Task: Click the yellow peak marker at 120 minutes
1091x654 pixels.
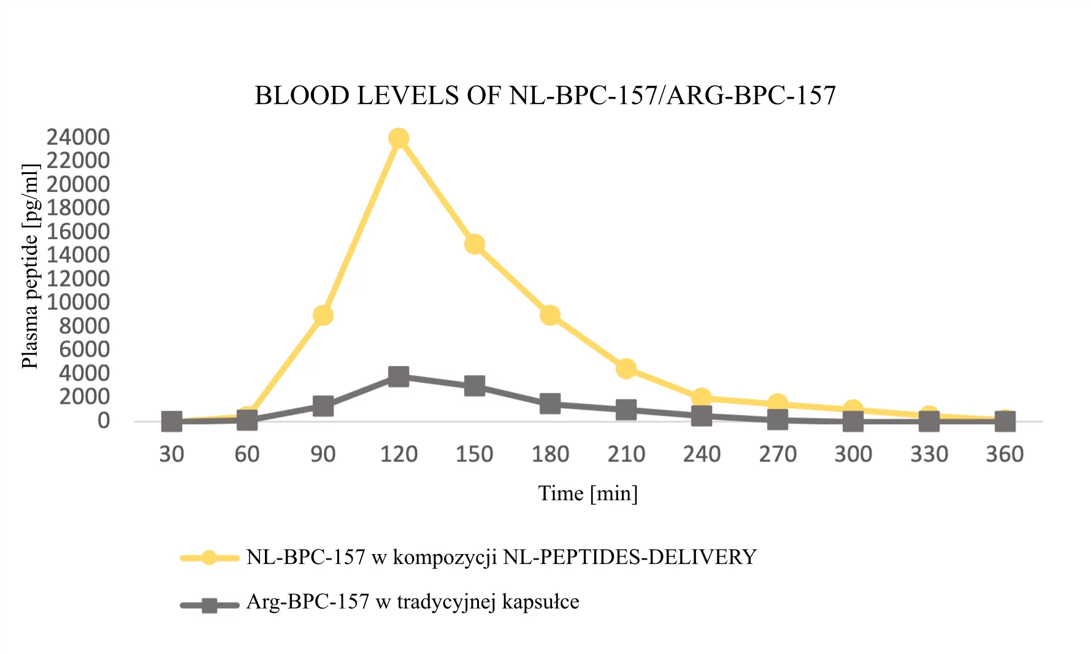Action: click(399, 139)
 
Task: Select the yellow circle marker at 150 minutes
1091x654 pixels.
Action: click(475, 245)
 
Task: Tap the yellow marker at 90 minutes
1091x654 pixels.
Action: click(323, 316)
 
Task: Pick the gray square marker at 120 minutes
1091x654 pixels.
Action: click(399, 376)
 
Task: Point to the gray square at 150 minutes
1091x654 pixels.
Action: click(475, 386)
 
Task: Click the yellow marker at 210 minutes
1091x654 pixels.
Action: click(626, 368)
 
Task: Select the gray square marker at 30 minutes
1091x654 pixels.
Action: click(172, 421)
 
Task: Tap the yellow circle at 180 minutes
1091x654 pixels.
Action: click(550, 316)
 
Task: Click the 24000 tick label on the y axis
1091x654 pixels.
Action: click(78, 137)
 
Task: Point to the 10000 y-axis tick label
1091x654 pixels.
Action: click(78, 302)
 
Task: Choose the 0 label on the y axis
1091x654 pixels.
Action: click(104, 420)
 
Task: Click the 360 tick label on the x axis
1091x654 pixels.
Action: click(1005, 454)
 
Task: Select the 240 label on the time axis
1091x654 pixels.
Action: click(702, 454)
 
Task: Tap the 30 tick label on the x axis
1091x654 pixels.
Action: click(172, 454)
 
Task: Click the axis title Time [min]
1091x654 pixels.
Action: click(588, 493)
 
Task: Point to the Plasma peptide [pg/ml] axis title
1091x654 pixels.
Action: click(30, 267)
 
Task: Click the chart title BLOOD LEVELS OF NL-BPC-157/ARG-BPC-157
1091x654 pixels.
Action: click(545, 96)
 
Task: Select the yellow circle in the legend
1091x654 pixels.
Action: click(209, 558)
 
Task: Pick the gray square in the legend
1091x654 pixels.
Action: click(209, 606)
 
